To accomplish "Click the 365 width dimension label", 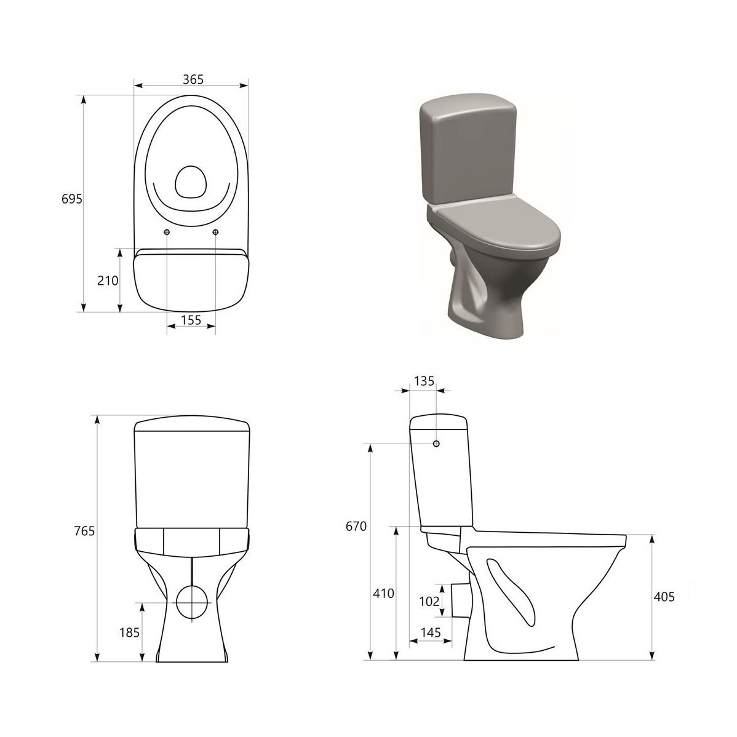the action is pos(193,79).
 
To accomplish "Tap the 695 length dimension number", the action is pos(72,199).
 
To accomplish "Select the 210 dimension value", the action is pos(108,281).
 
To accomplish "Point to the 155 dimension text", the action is pos(191,320).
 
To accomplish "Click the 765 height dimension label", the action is pos(85,531).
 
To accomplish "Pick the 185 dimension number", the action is pos(129,632).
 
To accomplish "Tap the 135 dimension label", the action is pos(424,381).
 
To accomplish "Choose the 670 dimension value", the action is pos(356,527).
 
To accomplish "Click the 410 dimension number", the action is pos(383,594).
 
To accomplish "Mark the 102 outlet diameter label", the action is pos(429,601).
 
